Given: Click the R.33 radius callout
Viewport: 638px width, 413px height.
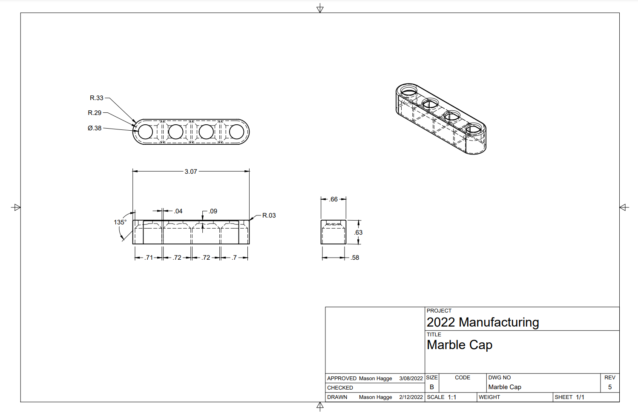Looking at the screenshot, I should (x=96, y=98).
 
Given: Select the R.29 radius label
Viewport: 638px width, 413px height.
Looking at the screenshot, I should (x=95, y=113).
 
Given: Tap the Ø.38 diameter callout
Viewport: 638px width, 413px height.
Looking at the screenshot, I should (x=95, y=128).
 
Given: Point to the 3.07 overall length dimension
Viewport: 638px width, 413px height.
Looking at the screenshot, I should (x=191, y=172).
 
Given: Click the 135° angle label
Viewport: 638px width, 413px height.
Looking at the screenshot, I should (x=120, y=222).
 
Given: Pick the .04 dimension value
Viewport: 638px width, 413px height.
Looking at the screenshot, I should (x=178, y=211).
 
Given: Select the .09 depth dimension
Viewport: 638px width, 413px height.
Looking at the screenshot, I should (x=213, y=211).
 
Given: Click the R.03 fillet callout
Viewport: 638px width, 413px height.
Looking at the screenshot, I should (x=269, y=215).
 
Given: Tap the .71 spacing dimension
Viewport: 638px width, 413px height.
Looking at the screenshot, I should (x=149, y=258).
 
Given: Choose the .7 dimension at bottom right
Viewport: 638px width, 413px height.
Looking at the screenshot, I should (x=234, y=258).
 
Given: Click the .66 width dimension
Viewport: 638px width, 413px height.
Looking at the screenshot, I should (x=333, y=199).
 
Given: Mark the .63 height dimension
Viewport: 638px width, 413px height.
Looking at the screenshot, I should (x=358, y=232).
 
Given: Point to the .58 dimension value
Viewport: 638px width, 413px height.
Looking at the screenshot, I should (x=355, y=258).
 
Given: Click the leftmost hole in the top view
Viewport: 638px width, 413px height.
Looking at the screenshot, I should (x=146, y=132).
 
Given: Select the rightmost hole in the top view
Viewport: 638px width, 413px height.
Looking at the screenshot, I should (x=236, y=132).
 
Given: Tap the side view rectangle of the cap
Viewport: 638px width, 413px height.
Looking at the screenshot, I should (x=333, y=232).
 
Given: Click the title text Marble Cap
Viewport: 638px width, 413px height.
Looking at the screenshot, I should (x=460, y=345).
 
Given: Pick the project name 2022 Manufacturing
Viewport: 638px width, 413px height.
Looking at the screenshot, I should (x=483, y=322).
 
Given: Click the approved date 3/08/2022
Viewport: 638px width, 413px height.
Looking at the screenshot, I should (x=411, y=379).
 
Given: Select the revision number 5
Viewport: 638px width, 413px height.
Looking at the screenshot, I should (x=610, y=387).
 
